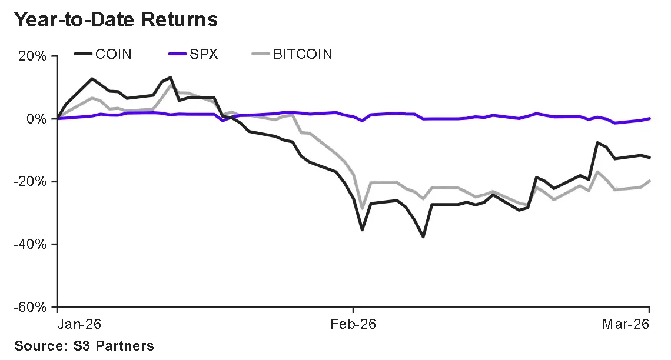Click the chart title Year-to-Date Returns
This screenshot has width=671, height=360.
pos(115,20)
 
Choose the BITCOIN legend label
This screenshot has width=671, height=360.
pos(303,55)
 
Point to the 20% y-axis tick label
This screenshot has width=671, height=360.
pos(34,57)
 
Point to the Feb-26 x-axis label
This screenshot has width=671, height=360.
pos(353,325)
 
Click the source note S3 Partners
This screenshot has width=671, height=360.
pos(84,346)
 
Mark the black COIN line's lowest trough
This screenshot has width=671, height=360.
pos(423,237)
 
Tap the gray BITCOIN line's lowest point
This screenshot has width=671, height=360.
pos(362,208)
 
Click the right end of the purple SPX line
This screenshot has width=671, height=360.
pos(649,118)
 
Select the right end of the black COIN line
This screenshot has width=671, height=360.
pos(649,157)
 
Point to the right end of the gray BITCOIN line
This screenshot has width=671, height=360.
pos(649,181)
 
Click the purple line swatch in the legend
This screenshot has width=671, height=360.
pos(178,55)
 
